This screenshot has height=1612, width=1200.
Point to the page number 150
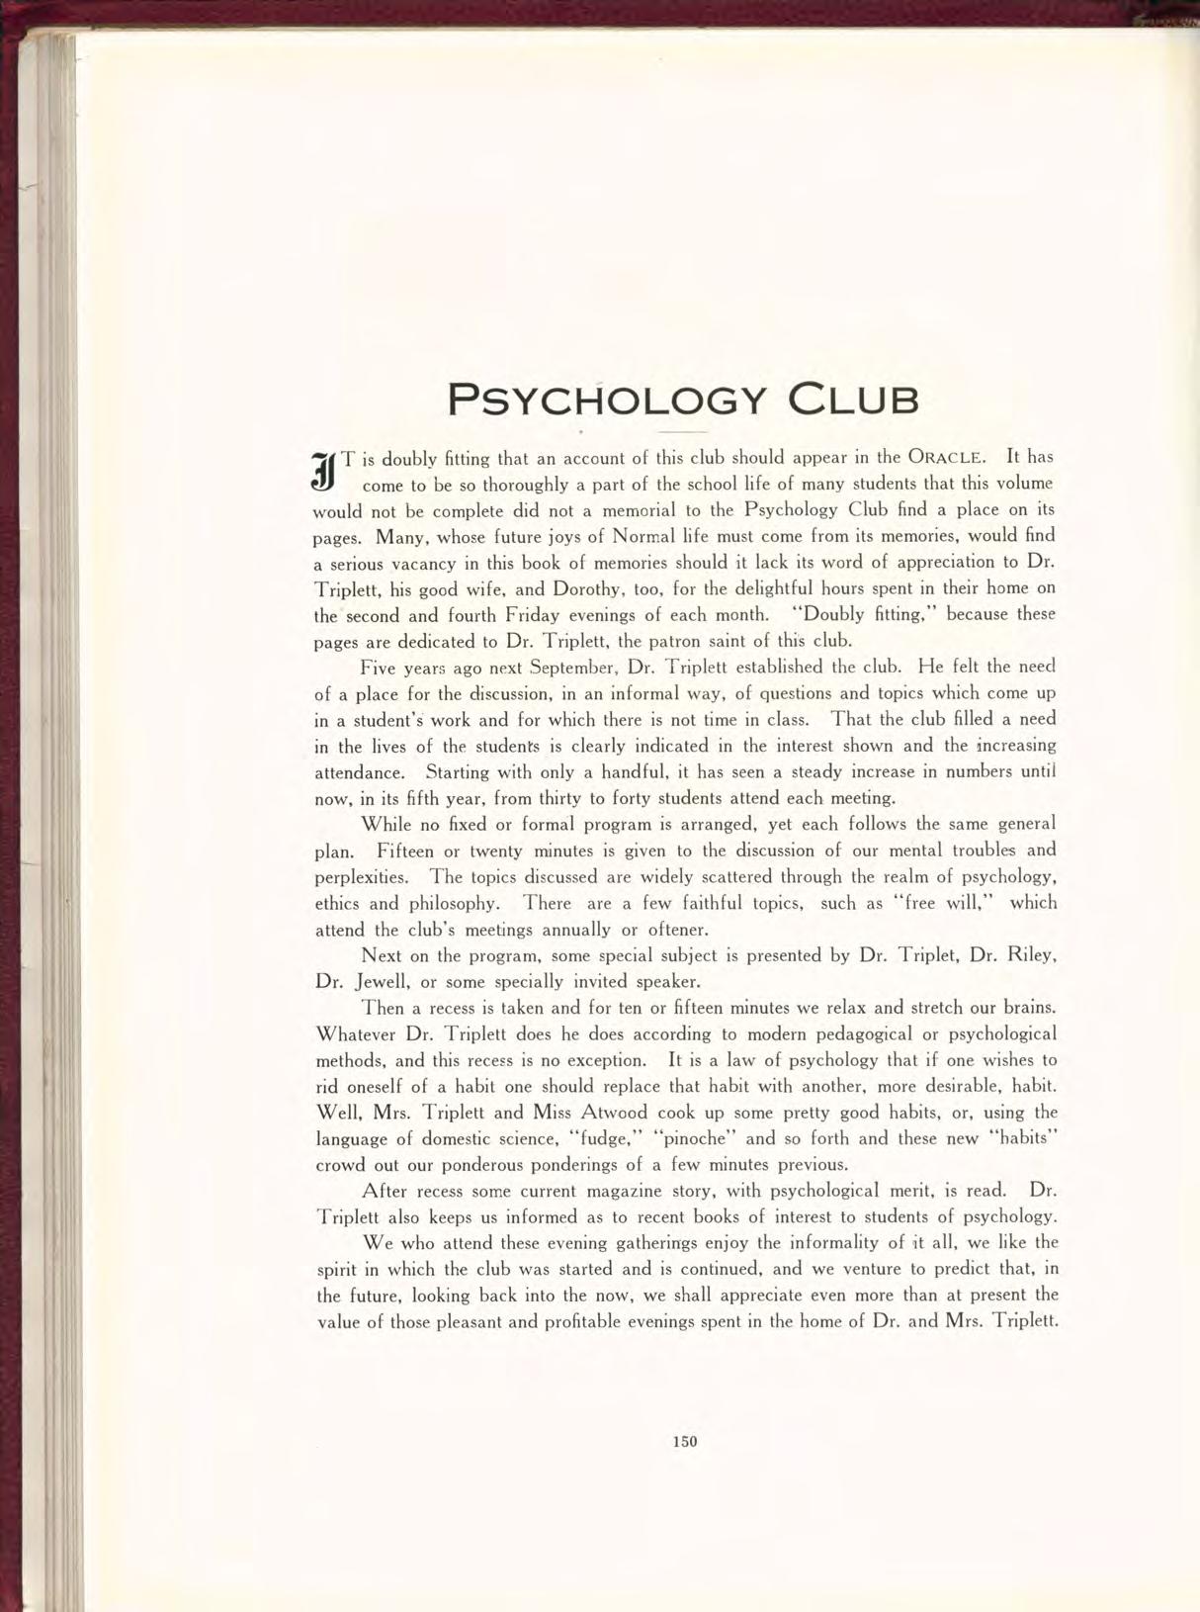pyautogui.click(x=685, y=1441)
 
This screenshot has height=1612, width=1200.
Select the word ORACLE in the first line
pyautogui.click(x=946, y=458)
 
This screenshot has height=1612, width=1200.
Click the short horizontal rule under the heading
pyautogui.click(x=682, y=433)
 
